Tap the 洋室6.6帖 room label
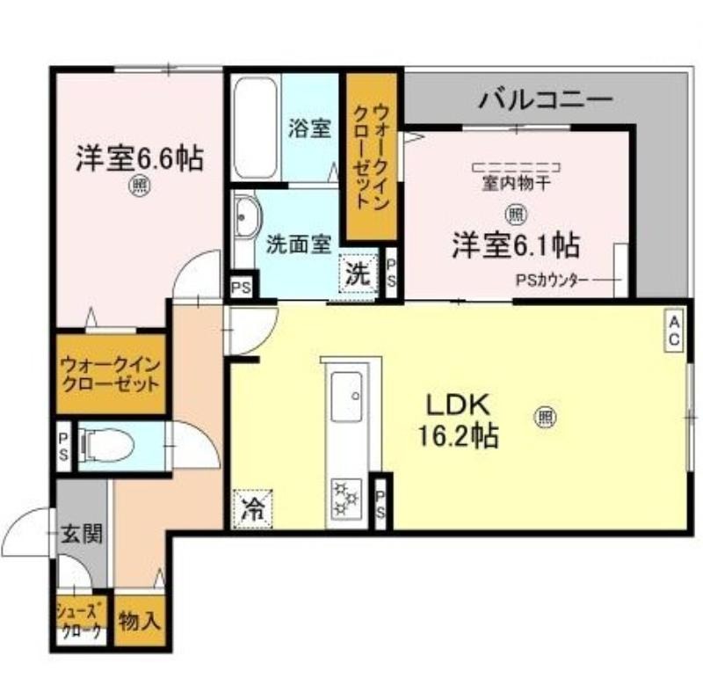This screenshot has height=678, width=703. [x=139, y=158]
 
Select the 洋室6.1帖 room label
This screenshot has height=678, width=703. [x=515, y=244]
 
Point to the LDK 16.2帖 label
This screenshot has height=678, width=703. [x=463, y=419]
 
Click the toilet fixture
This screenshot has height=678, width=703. [x=107, y=446]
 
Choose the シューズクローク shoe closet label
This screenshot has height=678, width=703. [x=81, y=622]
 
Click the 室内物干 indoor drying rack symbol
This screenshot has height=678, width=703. [x=516, y=167]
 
